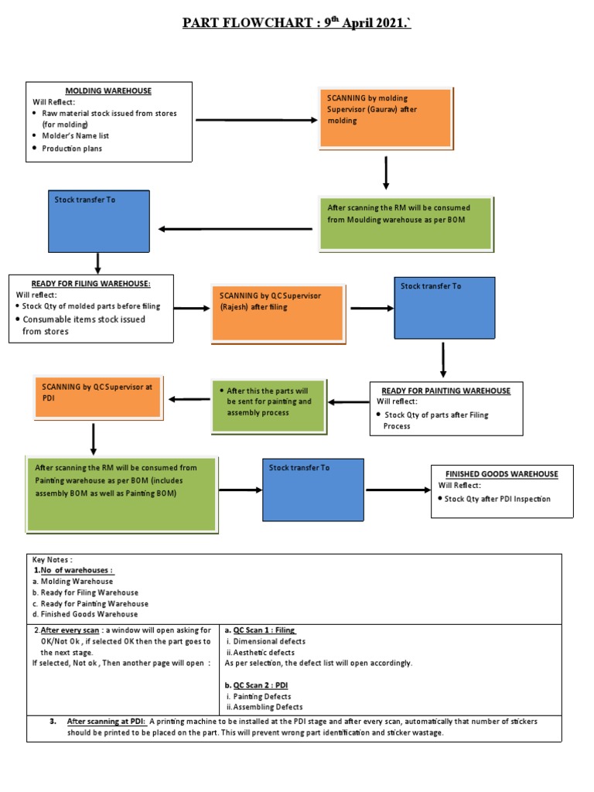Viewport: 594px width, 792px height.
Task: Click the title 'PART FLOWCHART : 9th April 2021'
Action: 296,22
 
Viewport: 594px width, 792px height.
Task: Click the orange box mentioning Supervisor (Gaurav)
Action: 385,118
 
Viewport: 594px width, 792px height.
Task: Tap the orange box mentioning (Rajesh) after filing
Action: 276,312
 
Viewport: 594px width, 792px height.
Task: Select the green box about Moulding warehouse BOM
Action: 406,224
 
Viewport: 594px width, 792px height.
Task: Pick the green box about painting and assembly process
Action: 269,405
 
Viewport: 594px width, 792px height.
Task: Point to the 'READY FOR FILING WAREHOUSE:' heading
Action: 91,284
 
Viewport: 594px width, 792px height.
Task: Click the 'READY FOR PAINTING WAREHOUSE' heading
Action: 445,391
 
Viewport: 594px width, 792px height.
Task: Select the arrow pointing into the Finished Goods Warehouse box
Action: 398,490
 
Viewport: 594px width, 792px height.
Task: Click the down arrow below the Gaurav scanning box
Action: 386,172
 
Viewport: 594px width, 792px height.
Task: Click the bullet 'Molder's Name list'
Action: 75,136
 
